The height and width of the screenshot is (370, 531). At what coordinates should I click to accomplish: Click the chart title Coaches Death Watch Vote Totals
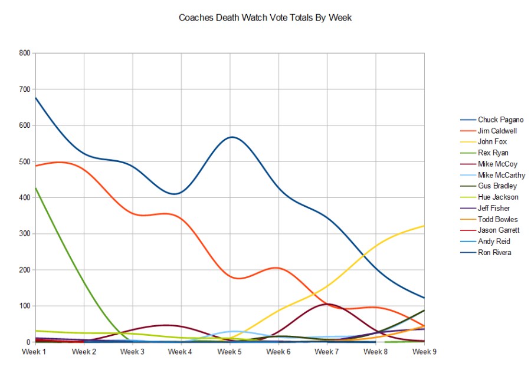coord(265,18)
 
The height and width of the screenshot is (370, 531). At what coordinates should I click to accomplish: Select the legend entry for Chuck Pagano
coord(500,120)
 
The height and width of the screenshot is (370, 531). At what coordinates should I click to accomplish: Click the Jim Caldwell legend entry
coord(497,131)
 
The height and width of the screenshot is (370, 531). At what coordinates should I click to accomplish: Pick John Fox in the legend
coord(492,142)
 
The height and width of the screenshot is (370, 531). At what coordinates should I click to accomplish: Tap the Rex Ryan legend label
coord(493,153)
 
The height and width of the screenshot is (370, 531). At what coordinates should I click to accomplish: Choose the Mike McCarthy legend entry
coord(501,175)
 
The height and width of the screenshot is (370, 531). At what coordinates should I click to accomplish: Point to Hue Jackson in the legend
coord(498,197)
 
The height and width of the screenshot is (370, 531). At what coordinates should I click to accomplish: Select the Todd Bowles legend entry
coord(497,219)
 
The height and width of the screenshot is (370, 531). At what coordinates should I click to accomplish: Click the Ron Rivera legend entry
coord(494,253)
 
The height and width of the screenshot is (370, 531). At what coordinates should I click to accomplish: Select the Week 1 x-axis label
coord(35,352)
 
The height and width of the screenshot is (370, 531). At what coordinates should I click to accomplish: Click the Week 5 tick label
coord(230,352)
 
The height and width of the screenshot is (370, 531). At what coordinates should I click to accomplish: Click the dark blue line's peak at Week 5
coord(232,137)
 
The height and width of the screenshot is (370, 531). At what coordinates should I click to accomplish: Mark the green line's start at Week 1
coord(36,188)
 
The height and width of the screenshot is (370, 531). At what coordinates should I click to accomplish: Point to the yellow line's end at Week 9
coord(424,226)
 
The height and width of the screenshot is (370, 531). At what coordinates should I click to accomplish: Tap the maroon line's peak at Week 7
coord(326,304)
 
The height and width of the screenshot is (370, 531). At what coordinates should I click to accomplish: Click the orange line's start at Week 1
coord(36,166)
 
